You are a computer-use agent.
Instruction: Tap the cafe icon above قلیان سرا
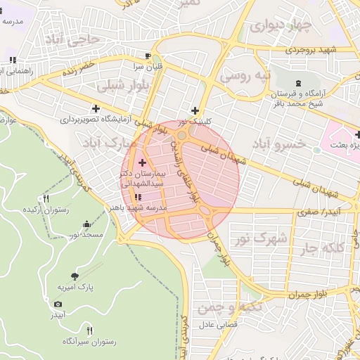click(148, 56)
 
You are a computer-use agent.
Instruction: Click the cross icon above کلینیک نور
click(195, 110)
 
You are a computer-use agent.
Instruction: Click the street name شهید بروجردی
click(311, 50)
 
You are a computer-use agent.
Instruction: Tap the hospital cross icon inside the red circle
click(142, 162)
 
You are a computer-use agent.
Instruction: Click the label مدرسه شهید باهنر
click(146, 208)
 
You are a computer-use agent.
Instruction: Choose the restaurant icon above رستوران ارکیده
click(46, 199)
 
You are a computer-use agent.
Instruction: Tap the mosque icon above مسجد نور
click(86, 224)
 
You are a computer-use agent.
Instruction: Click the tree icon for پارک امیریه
click(75, 276)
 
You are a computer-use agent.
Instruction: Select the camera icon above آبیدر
click(58, 304)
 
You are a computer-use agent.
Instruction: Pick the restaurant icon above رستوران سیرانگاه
click(89, 330)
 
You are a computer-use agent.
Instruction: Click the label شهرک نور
click(262, 239)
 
